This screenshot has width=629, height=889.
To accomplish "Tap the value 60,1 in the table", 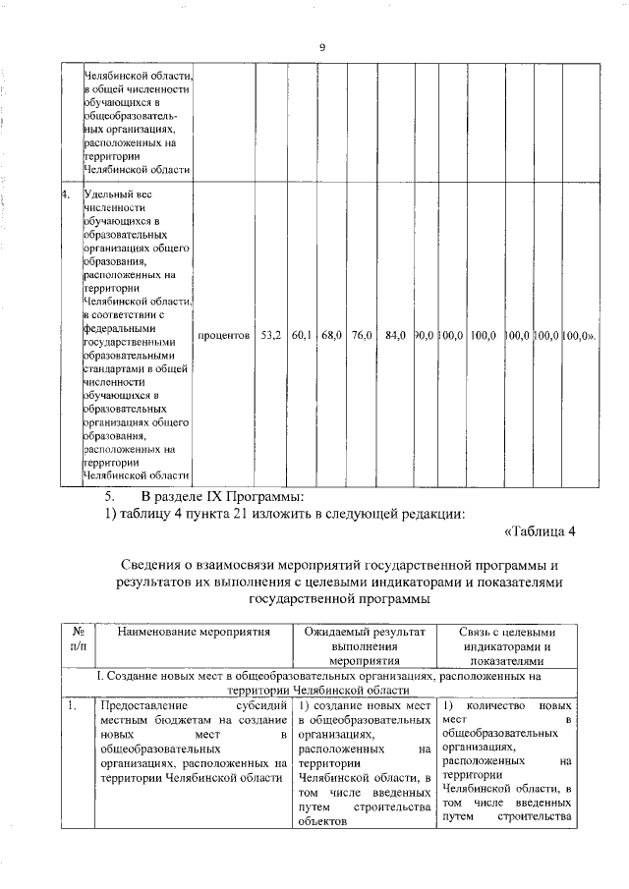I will (301, 335).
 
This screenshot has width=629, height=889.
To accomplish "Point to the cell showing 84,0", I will (396, 335).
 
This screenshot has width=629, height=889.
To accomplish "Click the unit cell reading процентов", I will (224, 335).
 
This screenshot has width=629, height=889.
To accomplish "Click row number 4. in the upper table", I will (66, 194).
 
